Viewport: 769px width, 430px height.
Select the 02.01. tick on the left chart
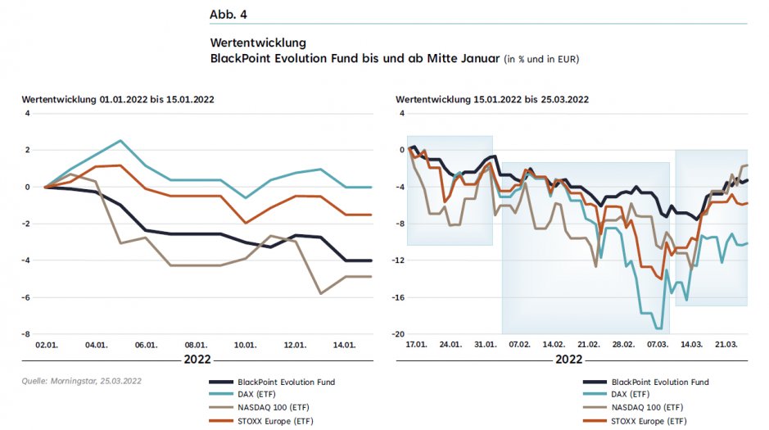tap(45, 346)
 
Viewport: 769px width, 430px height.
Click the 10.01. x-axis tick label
tap(245, 346)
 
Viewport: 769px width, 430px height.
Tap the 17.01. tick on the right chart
tap(417, 346)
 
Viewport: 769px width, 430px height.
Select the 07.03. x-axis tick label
tap(657, 346)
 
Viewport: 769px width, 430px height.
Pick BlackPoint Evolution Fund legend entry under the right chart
tap(659, 382)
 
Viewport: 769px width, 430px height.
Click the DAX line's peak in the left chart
tap(120, 141)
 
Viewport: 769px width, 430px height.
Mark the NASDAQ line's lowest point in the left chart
tap(320, 293)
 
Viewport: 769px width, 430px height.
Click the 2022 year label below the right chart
tap(569, 360)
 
